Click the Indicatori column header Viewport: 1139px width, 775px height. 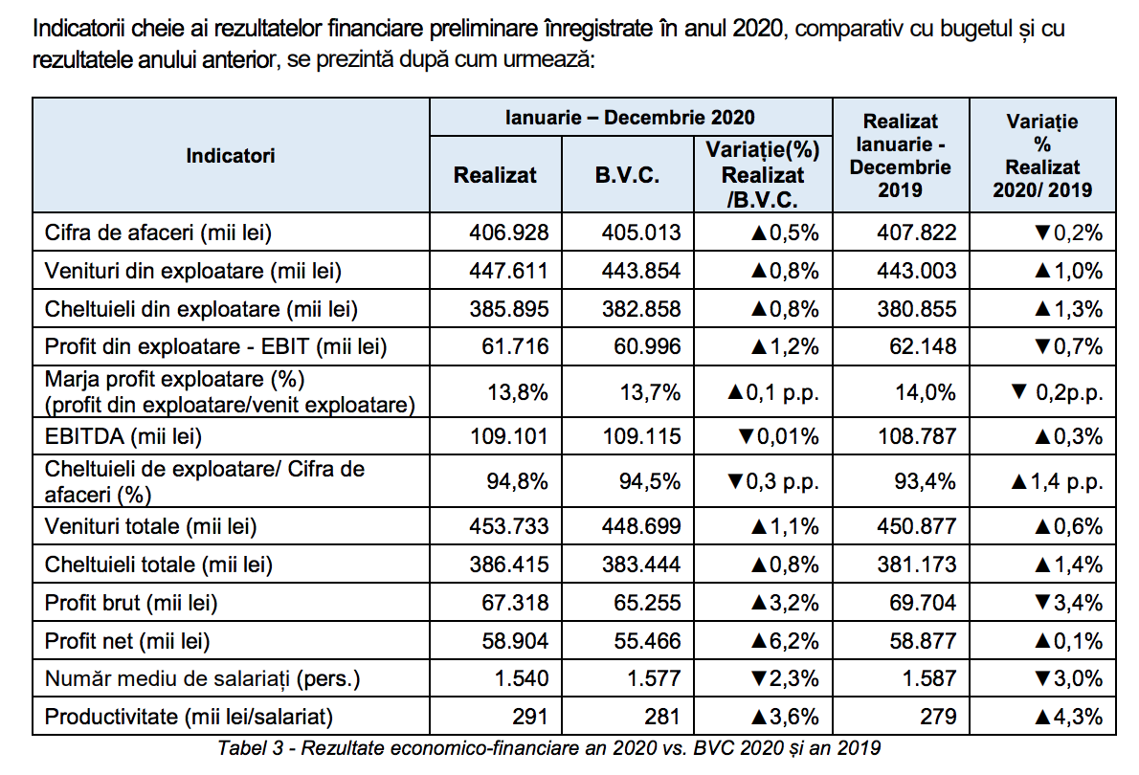click(x=231, y=155)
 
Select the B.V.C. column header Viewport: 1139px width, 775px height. click(x=627, y=175)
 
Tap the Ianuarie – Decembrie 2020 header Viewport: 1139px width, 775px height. click(x=630, y=118)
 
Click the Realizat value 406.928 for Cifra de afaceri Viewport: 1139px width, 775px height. click(x=508, y=232)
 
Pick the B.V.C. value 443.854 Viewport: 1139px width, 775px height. click(x=640, y=271)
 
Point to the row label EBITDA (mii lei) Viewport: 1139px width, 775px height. click(x=123, y=436)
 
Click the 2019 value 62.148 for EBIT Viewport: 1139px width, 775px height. click(x=923, y=346)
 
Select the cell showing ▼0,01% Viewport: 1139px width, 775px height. click(x=778, y=436)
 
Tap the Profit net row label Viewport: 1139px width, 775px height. click(x=127, y=641)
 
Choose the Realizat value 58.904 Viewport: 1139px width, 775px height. click(x=515, y=641)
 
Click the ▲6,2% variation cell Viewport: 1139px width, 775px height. click(x=785, y=641)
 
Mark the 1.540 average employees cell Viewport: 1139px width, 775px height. click(x=521, y=679)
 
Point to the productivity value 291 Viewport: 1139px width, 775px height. click(x=529, y=717)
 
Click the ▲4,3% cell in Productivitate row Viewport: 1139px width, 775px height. click(x=1068, y=717)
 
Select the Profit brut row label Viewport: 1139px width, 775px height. click(x=131, y=604)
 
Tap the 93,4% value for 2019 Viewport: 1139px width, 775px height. click(x=925, y=481)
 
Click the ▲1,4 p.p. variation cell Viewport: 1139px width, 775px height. click(x=1057, y=481)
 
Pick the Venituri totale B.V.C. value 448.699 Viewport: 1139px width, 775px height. click(x=640, y=526)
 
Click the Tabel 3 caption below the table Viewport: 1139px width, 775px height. click(x=549, y=748)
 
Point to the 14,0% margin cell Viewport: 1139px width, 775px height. click(x=926, y=393)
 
